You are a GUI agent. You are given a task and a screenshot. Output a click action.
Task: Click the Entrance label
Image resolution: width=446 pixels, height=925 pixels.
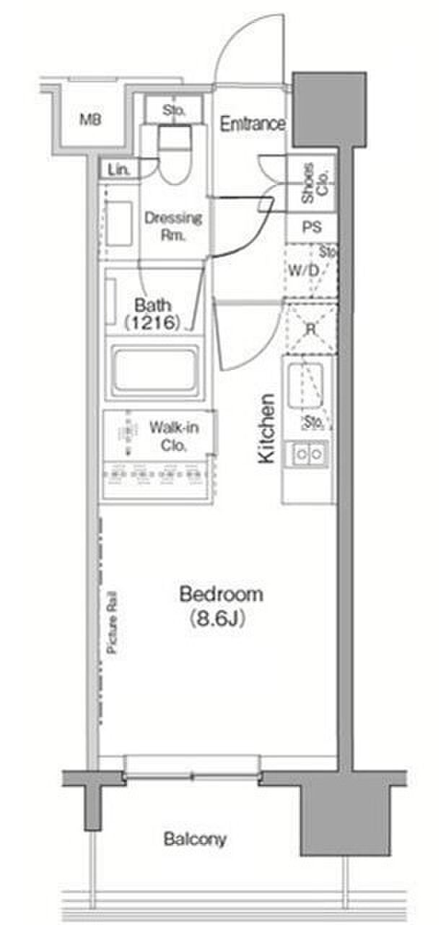253,124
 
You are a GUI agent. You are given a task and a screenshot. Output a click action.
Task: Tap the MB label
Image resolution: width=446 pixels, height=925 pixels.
91,120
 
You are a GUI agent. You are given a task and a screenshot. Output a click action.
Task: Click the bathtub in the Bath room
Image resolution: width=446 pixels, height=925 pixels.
155,369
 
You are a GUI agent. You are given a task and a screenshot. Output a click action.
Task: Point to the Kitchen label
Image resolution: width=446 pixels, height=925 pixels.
267,429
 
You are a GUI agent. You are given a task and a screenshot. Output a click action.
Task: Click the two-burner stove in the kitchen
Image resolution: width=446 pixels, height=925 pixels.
308,455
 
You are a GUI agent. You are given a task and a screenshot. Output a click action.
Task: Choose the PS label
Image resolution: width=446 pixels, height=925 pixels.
312,227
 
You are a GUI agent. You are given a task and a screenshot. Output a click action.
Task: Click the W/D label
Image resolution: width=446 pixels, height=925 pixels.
303,271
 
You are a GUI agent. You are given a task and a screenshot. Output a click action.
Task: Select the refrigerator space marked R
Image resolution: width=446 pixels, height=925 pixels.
311,329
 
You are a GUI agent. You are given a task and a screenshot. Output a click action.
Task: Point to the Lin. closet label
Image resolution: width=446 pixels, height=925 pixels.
118,170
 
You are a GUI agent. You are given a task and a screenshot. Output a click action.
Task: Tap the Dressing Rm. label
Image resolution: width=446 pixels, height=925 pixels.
173,226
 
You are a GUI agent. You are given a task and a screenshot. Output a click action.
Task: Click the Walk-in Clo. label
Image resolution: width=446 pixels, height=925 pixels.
174,436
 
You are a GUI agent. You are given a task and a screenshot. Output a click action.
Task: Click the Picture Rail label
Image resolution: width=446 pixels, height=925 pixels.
112,622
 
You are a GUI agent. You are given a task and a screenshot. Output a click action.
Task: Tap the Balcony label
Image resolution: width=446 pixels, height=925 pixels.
195,840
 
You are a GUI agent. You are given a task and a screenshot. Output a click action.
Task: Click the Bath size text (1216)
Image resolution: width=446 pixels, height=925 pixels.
152,322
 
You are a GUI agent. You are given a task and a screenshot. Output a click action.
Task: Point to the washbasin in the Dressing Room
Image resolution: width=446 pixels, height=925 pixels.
120,223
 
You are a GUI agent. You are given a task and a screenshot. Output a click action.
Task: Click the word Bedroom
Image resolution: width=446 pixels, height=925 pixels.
222,594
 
